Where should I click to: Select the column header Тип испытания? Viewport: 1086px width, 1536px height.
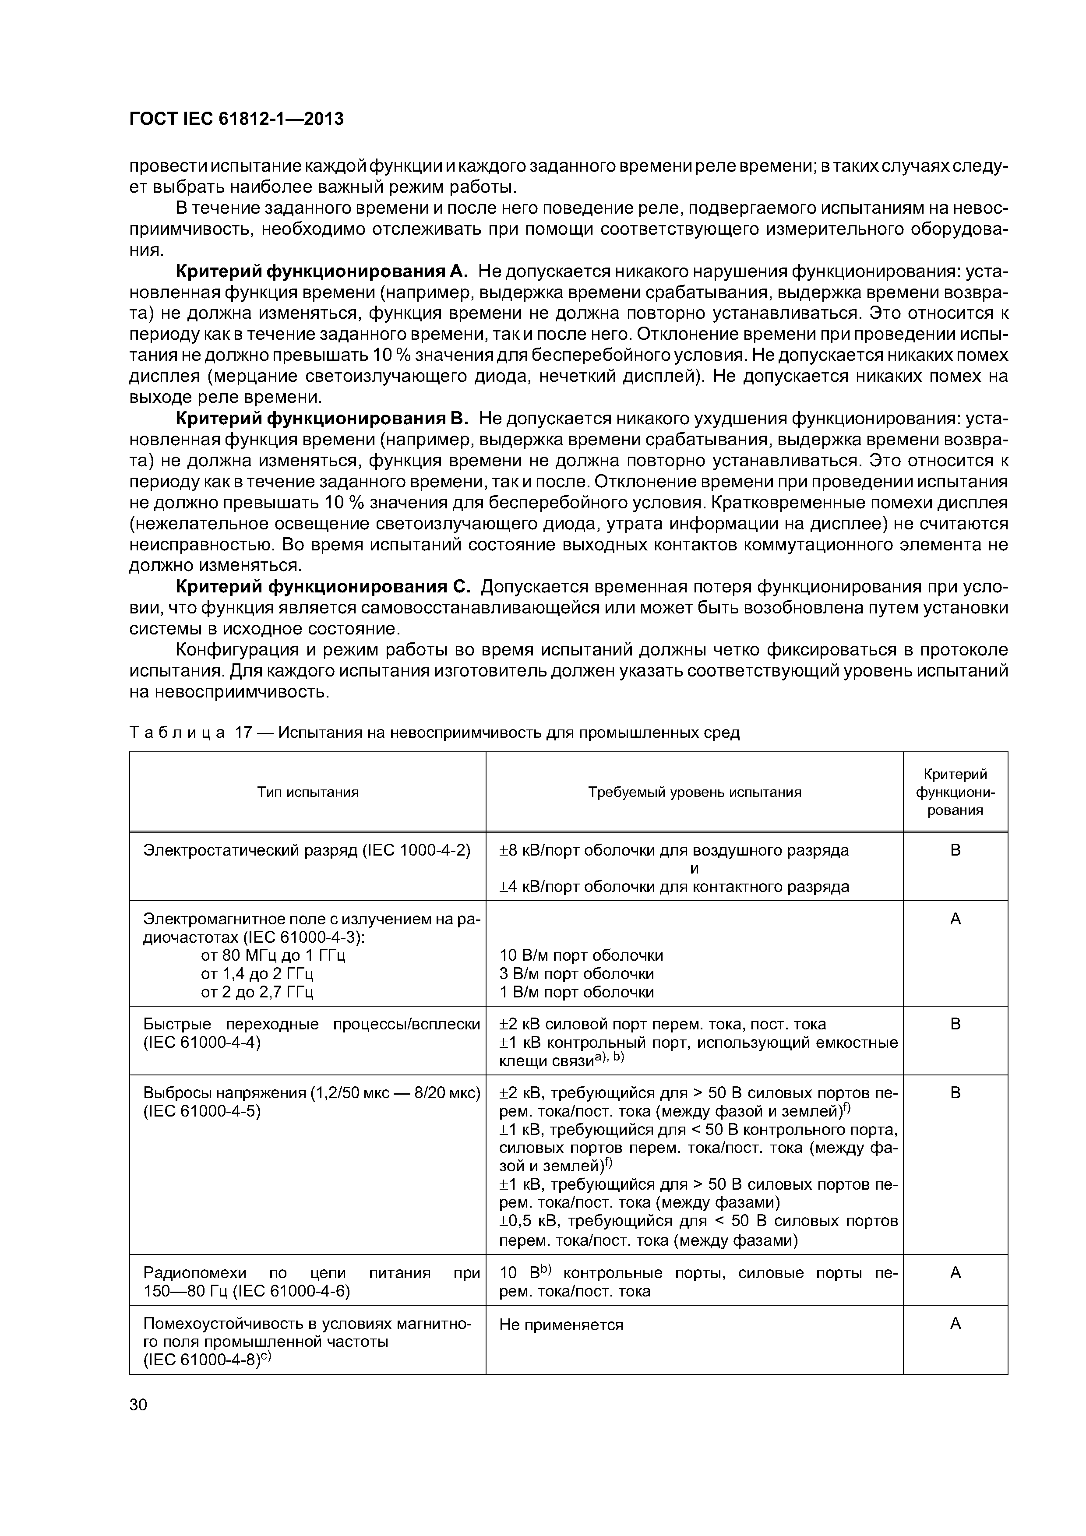[x=308, y=792]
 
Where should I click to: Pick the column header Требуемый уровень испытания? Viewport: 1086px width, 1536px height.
[x=695, y=792]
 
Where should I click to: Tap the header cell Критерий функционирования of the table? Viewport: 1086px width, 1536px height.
[x=955, y=792]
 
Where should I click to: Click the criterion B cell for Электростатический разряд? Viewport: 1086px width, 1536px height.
[x=955, y=850]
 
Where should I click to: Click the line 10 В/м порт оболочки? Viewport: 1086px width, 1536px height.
[x=582, y=955]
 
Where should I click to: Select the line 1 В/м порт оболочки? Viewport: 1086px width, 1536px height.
[x=577, y=992]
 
